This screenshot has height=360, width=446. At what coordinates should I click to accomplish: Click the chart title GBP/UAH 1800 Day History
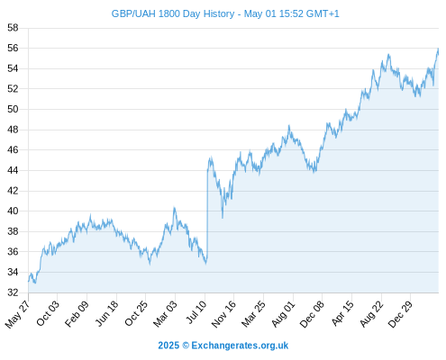(x=173, y=13)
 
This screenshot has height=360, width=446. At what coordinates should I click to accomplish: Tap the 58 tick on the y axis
(x=13, y=28)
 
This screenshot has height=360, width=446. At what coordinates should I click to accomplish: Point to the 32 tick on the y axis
(x=13, y=292)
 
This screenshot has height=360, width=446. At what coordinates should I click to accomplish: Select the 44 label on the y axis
(x=13, y=170)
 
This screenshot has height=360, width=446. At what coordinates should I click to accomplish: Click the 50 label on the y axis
(x=13, y=109)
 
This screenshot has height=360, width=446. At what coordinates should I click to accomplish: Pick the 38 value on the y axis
(x=13, y=231)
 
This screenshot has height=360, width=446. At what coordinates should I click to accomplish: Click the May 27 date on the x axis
(x=18, y=314)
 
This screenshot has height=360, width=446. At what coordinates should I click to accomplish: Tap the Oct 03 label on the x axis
(x=48, y=313)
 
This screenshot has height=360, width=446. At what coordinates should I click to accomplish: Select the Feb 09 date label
(x=77, y=313)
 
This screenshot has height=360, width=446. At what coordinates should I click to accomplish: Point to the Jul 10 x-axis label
(x=196, y=312)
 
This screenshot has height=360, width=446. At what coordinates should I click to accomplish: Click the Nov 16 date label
(x=223, y=314)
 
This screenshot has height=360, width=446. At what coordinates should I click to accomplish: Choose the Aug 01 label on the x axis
(x=283, y=314)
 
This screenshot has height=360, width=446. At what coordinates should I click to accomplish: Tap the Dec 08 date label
(x=312, y=314)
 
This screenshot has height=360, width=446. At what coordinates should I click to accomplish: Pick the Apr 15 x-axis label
(x=342, y=313)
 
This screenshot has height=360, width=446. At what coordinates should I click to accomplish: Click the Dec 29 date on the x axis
(x=400, y=314)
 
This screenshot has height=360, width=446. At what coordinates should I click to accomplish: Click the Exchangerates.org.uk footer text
(x=240, y=346)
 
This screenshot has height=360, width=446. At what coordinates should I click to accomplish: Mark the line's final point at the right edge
(x=438, y=53)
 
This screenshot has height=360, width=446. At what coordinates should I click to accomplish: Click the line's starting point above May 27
(x=29, y=282)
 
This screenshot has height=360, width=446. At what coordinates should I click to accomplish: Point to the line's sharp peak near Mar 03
(x=174, y=207)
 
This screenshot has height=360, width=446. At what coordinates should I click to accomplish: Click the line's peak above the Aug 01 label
(x=289, y=125)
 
